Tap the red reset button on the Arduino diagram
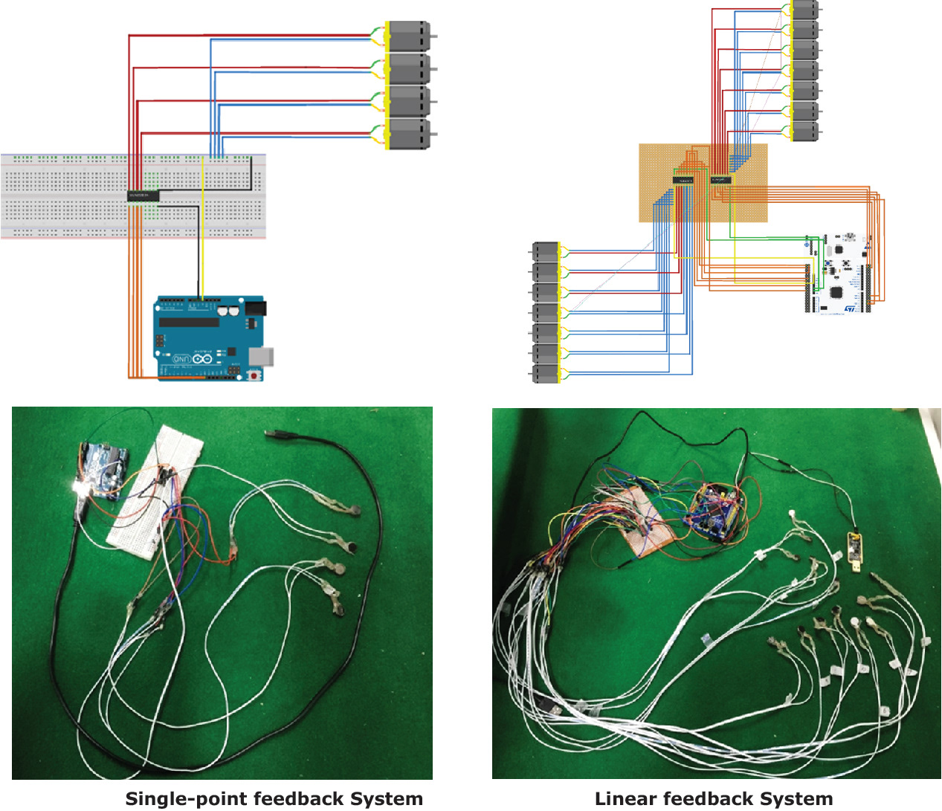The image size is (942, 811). [x=255, y=375]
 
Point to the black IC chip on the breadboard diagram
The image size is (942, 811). [x=143, y=196]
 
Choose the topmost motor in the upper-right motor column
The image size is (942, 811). [x=804, y=10]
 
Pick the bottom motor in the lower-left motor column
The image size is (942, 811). [x=546, y=374]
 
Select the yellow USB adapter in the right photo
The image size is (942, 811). [x=856, y=552]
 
